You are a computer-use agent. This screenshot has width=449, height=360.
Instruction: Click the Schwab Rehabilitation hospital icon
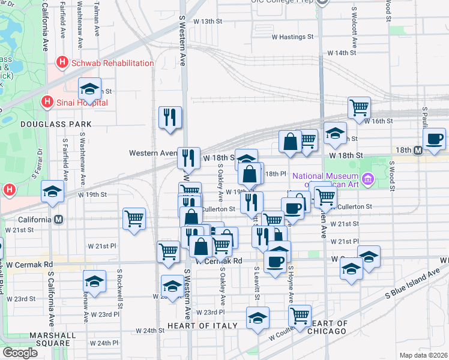(60, 62)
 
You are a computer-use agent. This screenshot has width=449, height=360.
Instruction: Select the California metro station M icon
(58, 220)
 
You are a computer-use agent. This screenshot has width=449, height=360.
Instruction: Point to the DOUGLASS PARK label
(47, 124)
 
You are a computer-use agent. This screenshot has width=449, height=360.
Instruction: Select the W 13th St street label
(208, 21)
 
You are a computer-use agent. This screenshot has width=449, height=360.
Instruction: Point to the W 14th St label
(342, 53)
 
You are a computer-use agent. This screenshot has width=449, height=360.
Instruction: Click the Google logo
(20, 352)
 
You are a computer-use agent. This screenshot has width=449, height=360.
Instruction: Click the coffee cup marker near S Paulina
(434, 140)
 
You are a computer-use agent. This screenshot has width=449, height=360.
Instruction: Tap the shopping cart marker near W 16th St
(359, 108)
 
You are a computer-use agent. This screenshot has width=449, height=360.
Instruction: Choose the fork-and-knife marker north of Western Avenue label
(170, 117)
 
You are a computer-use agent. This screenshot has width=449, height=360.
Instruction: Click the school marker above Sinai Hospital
(89, 89)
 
